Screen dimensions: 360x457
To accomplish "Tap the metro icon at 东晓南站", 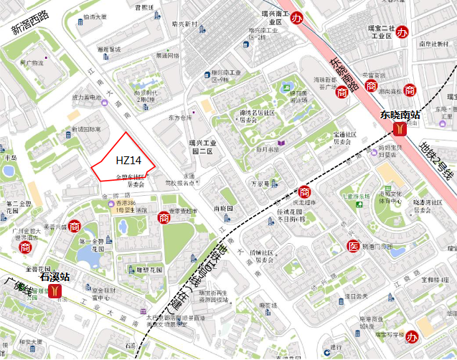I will pos(399,129).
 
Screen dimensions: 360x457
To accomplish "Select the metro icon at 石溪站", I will pos(55,292).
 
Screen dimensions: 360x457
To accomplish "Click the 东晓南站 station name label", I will pos(400,114).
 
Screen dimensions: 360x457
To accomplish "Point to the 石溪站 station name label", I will pos(55,275).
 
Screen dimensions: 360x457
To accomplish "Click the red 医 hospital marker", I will pos(352,246).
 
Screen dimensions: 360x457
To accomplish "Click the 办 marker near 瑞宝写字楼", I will pos(412,336).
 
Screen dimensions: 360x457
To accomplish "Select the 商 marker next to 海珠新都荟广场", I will pos(341,91).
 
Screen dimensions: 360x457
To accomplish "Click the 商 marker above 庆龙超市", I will pos(304,192).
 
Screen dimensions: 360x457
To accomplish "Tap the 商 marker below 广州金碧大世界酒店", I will pos(26,247).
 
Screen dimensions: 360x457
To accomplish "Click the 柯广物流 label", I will pos(32,63).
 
